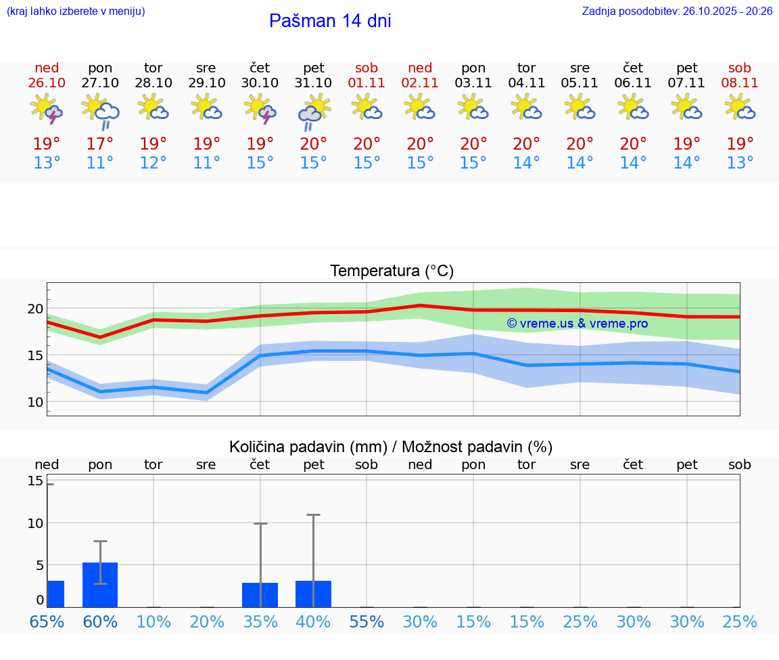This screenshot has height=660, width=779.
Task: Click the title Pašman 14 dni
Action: [330, 21]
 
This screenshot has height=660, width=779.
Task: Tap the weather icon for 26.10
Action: [47, 109]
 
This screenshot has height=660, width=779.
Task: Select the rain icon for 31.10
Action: [313, 112]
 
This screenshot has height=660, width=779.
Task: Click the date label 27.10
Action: [100, 83]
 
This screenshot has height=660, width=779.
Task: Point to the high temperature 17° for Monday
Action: [100, 144]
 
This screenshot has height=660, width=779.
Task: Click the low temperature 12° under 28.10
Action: [154, 163]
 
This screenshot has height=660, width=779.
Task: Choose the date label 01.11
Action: [367, 83]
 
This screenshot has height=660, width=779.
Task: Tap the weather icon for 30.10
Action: [260, 109]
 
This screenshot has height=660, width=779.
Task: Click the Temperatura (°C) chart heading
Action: [392, 271]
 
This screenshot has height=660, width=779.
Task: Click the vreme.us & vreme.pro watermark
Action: [577, 324]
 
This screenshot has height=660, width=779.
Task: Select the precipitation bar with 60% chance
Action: [100, 585]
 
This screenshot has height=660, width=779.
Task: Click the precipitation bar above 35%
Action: [260, 595]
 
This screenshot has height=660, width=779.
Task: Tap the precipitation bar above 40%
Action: [313, 594]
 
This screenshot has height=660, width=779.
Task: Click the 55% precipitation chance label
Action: [367, 622]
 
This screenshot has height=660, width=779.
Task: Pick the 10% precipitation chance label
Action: [154, 622]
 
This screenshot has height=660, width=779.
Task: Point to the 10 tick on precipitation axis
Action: [34, 523]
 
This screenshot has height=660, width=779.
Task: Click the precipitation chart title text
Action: [391, 447]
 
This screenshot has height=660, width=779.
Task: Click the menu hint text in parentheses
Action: [76, 12]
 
